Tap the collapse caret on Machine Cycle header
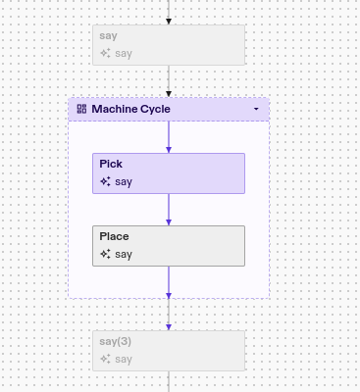(x=256, y=109)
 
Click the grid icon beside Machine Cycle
(x=81, y=109)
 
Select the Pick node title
(x=111, y=165)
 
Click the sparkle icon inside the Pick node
(x=105, y=181)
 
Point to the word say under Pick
(x=124, y=181)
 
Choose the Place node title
(x=114, y=237)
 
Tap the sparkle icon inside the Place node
(x=105, y=254)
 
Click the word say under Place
(x=124, y=254)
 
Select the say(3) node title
(x=115, y=342)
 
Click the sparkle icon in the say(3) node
(x=105, y=359)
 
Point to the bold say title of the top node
(x=108, y=36)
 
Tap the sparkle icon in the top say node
(x=105, y=53)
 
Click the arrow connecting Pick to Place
(x=169, y=209)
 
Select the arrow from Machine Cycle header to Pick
(x=169, y=136)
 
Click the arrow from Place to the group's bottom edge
(x=169, y=281)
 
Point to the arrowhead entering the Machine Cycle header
(x=169, y=94)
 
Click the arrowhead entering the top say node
(x=169, y=22)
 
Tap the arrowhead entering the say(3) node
(x=169, y=327)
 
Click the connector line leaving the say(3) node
(x=169, y=381)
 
